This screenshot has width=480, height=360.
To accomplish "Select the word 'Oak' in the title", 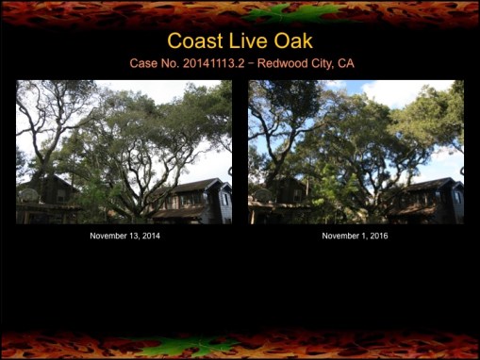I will click(295, 41).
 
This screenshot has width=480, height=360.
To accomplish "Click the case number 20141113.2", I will click(202, 64).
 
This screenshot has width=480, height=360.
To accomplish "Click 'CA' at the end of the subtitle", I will click(345, 64).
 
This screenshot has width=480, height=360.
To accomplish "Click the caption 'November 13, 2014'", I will click(124, 236).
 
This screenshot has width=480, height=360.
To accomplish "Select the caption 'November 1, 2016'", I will click(355, 236).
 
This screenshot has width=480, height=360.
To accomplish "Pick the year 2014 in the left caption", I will click(149, 236).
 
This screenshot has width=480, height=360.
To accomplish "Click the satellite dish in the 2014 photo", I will click(29, 194).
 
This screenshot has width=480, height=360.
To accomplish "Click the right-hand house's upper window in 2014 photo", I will click(224, 199).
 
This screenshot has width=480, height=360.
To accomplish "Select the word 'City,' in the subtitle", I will click(312, 64).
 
